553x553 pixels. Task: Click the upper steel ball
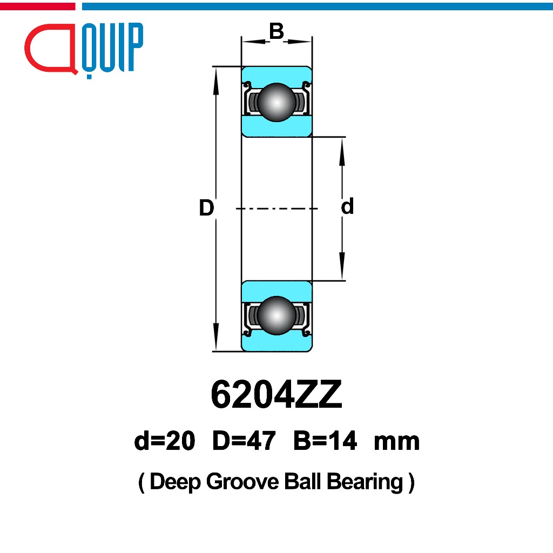(276, 101)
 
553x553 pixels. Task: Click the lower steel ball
(276, 315)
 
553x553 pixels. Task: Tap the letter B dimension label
(276, 32)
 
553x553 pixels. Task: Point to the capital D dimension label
(206, 208)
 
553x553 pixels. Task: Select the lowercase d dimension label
(347, 206)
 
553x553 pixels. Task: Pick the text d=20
(164, 442)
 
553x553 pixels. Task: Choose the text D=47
(244, 442)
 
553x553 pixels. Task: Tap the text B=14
(325, 442)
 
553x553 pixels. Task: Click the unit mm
(396, 442)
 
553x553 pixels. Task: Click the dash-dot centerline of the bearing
(276, 208)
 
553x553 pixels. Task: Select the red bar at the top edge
(37, 6)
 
